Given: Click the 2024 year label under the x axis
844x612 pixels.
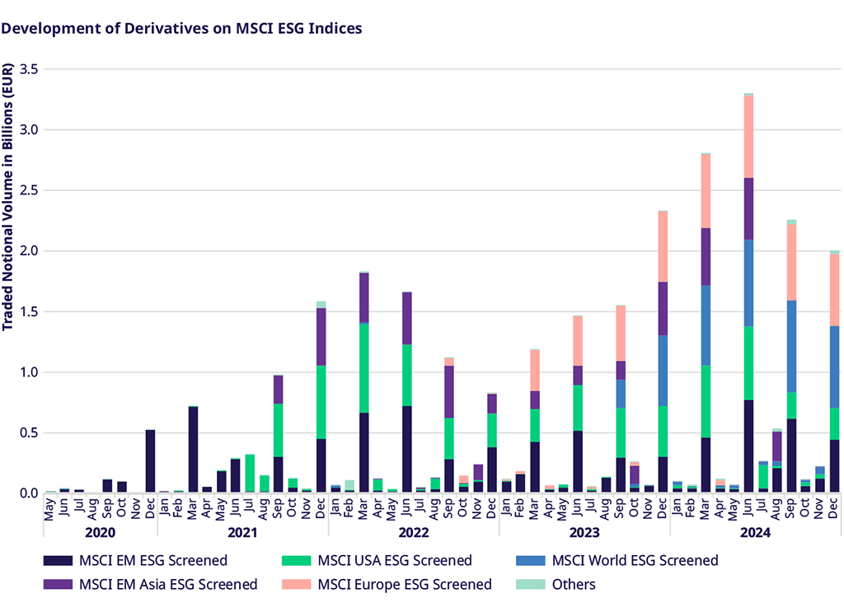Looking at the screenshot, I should tap(754, 533).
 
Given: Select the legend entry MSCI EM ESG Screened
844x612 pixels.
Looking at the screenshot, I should tap(152, 561).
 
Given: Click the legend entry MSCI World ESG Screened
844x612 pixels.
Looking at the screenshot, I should tap(635, 561).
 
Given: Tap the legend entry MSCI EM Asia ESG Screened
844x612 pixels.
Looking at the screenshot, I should tap(167, 585).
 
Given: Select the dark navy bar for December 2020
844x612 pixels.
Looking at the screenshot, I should tap(150, 461).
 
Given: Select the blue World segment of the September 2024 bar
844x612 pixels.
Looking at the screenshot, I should tap(791, 346).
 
